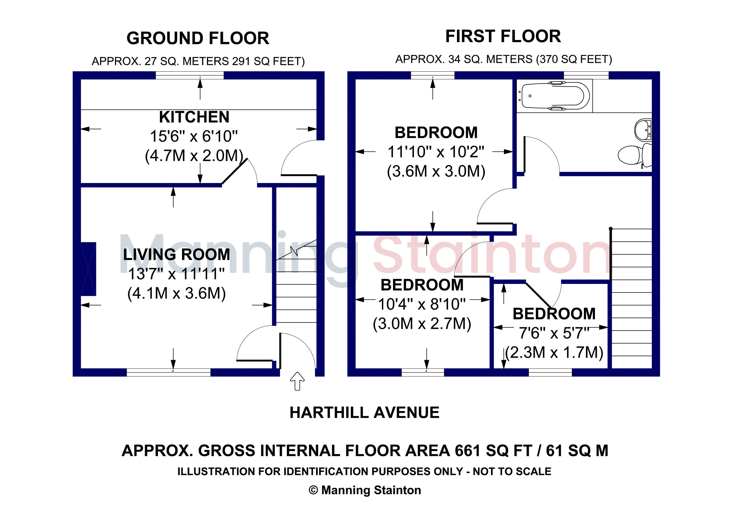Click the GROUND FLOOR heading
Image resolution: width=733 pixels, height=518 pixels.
(x=198, y=38)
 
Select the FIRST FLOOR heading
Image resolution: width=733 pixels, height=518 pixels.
(x=503, y=36)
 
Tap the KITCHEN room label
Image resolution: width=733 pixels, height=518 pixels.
(x=194, y=117)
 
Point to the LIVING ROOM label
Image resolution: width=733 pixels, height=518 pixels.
(x=176, y=254)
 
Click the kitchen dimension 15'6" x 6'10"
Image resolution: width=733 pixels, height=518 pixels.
(x=194, y=136)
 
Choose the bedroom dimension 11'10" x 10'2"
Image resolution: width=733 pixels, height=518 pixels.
(x=436, y=152)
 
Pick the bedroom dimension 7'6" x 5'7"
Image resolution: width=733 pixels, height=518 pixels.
(x=554, y=333)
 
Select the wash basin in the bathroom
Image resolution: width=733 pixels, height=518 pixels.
(x=643, y=130)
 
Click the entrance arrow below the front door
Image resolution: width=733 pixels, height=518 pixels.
(x=297, y=381)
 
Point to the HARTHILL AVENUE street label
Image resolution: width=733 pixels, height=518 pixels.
(x=364, y=412)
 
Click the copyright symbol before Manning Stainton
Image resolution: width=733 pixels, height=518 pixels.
(x=314, y=490)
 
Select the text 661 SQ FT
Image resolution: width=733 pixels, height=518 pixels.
(x=494, y=451)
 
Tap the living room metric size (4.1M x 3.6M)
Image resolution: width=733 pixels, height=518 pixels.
(x=176, y=293)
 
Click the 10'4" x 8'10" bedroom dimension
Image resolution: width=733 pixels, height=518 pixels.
(x=422, y=304)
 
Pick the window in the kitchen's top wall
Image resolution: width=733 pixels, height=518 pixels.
(x=190, y=75)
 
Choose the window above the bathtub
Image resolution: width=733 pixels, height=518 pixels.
(x=586, y=75)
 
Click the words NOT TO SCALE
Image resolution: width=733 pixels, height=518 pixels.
(x=512, y=471)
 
